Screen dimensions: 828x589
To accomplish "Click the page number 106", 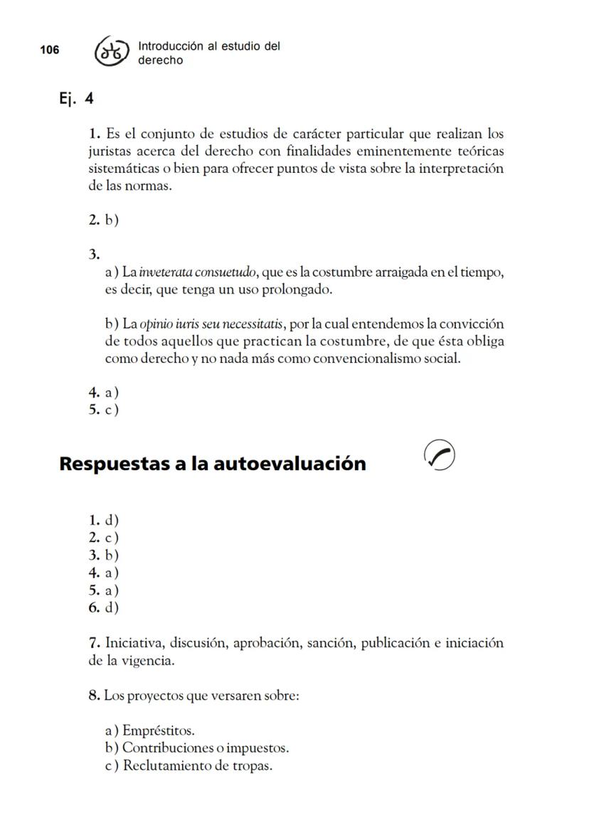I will click(x=50, y=50).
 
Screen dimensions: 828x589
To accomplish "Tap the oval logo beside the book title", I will click(x=112, y=51).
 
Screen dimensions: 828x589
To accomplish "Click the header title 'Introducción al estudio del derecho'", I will click(x=208, y=53).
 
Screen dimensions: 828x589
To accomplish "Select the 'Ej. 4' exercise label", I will click(x=76, y=98).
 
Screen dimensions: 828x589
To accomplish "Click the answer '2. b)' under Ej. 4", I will click(x=104, y=220).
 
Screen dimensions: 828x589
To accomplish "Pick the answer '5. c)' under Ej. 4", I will click(x=104, y=410).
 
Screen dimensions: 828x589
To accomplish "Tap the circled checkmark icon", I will click(x=439, y=455).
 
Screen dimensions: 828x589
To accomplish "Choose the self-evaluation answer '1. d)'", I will click(x=104, y=521).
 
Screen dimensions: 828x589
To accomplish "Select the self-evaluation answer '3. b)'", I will click(x=104, y=556).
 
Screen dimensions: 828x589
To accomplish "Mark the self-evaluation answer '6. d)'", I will click(x=104, y=607).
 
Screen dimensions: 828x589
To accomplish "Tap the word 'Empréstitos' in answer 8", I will click(x=158, y=731).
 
